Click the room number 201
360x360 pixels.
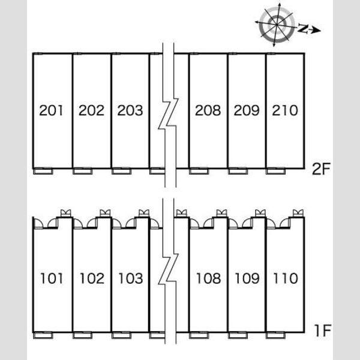(x=51, y=110)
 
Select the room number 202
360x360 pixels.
(x=91, y=110)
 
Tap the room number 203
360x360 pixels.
(x=130, y=110)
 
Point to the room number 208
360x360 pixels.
(x=208, y=110)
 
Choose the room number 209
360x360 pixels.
(x=247, y=110)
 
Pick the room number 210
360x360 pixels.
(x=285, y=110)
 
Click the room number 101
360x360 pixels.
(x=52, y=278)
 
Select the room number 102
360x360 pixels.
(x=92, y=278)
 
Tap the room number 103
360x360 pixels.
(x=131, y=278)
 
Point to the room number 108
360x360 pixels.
(x=208, y=278)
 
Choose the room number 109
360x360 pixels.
(x=247, y=278)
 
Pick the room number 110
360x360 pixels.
(x=286, y=278)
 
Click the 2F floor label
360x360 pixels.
(x=321, y=169)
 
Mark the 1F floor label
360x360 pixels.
(x=322, y=331)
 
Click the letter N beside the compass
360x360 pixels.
(x=304, y=28)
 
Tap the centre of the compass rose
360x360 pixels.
(x=277, y=25)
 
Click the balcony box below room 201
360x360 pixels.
(x=43, y=171)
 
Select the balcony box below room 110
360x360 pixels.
(x=275, y=335)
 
